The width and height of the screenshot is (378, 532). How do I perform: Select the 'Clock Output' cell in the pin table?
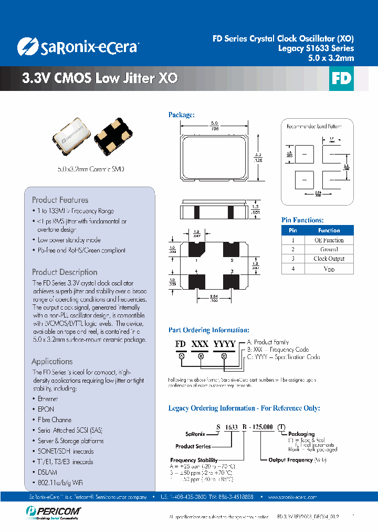[329, 259]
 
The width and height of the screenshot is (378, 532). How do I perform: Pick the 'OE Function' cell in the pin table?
[329, 240]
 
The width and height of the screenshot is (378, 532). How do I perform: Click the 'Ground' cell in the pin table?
[329, 249]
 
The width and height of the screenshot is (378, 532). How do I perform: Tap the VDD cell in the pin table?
[329, 269]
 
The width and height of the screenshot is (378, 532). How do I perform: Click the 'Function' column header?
[329, 230]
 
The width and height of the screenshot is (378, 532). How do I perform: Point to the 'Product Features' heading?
[60, 200]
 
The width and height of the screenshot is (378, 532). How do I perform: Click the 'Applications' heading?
[52, 361]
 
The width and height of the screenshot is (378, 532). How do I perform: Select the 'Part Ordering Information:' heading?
[208, 330]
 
